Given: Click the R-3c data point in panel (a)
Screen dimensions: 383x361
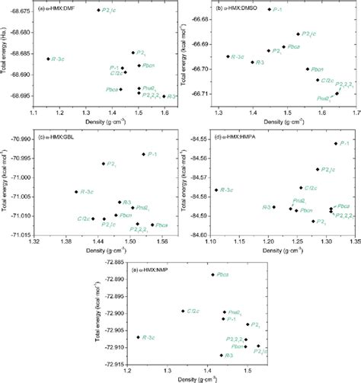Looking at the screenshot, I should [x=48, y=59].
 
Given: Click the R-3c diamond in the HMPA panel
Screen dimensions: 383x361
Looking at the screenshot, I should [x=216, y=190].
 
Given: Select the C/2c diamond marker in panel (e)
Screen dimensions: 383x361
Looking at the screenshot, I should [x=182, y=311].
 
